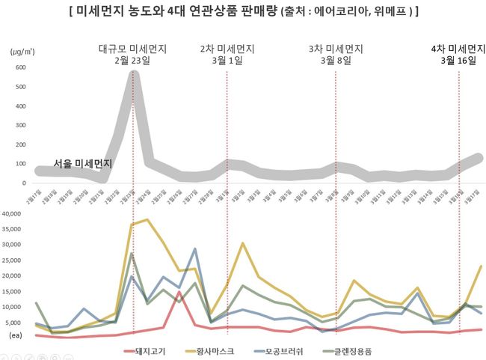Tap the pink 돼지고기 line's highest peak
pos(179,293)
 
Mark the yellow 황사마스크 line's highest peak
pos(147,220)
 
